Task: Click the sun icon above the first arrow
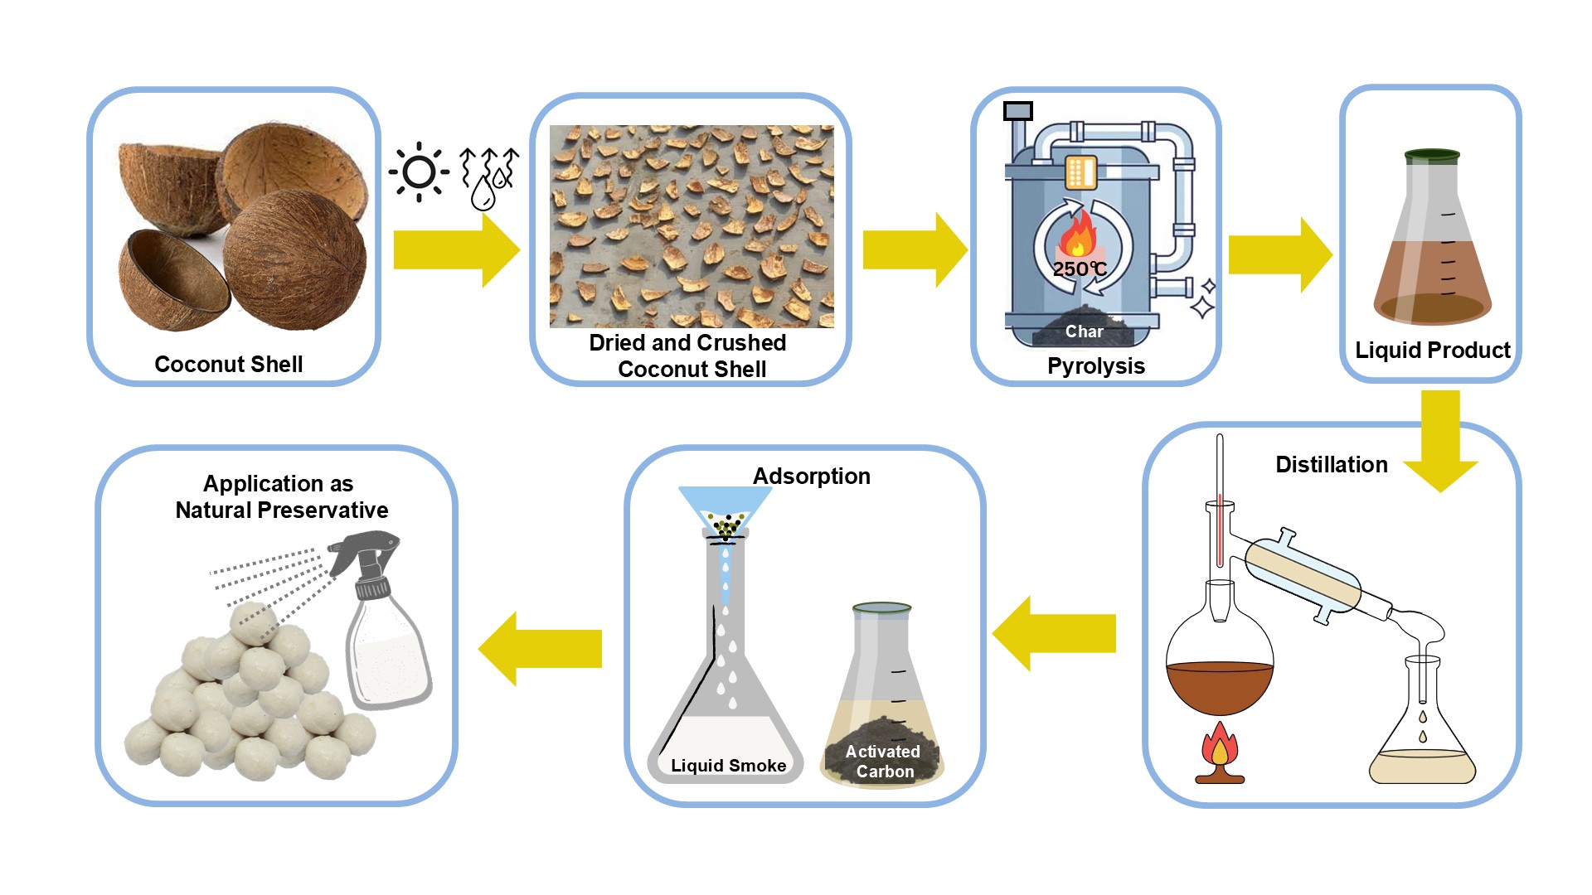tap(419, 172)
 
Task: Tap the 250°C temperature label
tap(1079, 268)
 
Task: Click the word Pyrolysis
tap(1095, 366)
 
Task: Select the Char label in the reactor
tap(1084, 331)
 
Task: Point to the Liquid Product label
tap(1432, 351)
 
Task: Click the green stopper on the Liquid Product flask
tap(1432, 156)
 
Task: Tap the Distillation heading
tap(1331, 465)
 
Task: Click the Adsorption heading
tap(811, 477)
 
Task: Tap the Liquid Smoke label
tap(728, 766)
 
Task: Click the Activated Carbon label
tap(883, 762)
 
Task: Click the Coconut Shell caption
tap(228, 365)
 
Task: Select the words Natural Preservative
tap(282, 510)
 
